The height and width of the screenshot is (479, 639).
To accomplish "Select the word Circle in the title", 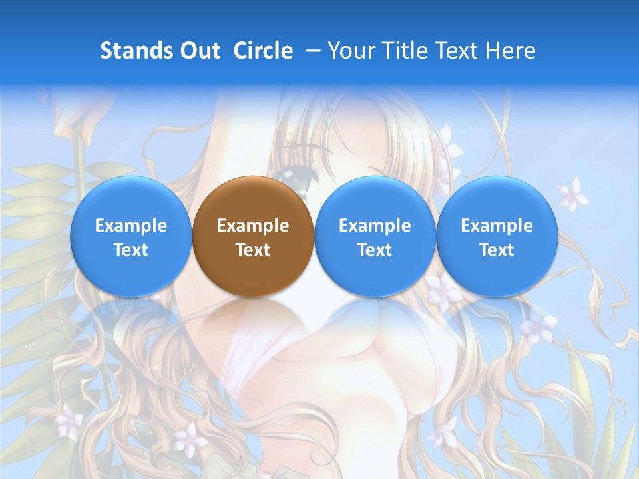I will click(263, 51).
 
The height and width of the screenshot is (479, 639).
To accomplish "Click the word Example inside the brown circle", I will click(253, 226).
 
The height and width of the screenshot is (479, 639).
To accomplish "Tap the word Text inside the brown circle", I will click(253, 250).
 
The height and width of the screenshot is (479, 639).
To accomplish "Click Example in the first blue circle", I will click(131, 226).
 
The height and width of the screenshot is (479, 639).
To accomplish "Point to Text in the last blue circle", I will click(497, 250).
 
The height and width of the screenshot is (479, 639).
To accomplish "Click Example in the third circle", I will click(375, 226).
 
